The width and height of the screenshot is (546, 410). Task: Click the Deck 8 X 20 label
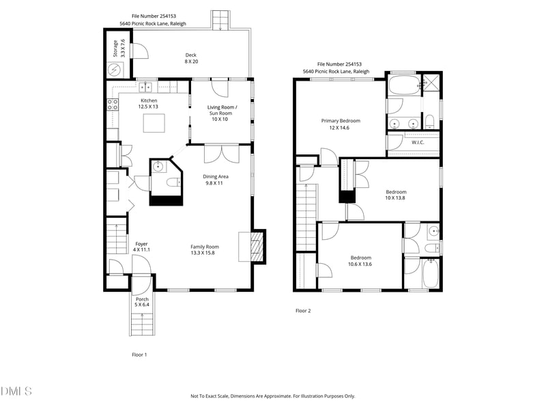(191, 58)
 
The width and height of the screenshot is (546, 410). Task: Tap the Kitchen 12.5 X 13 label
(149, 103)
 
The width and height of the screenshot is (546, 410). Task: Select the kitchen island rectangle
(154, 123)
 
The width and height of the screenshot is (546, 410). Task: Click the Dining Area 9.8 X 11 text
(216, 180)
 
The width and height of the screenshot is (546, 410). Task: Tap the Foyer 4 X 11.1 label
(141, 247)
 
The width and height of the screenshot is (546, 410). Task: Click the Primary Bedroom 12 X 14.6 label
(341, 124)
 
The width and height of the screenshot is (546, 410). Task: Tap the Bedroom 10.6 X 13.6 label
(360, 260)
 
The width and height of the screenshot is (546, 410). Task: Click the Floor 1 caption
(139, 354)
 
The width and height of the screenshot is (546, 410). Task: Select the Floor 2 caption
(303, 310)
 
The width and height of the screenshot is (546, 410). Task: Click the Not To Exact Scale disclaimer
(272, 396)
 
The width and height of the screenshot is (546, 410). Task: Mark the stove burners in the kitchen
(113, 104)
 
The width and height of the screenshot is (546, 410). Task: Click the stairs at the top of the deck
(220, 20)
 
